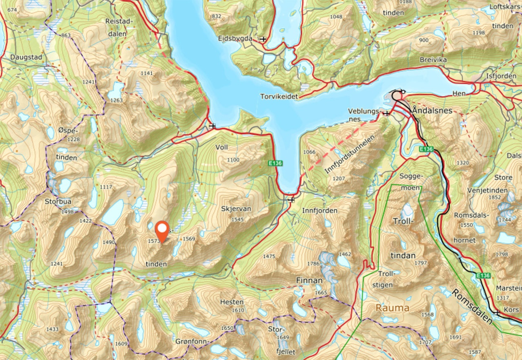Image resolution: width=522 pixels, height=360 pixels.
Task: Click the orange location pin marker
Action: pyautogui.click(x=162, y=231)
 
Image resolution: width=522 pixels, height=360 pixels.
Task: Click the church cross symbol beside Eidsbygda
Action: pyautogui.click(x=263, y=40)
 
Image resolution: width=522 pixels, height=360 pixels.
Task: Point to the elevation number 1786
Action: pyautogui.click(x=313, y=263)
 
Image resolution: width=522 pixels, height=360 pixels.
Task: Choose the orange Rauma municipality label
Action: pyautogui.click(x=392, y=308)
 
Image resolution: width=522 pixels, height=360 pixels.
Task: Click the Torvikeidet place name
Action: pyautogui.click(x=279, y=97)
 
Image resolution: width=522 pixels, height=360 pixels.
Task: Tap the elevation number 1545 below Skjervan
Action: pyautogui.click(x=237, y=219)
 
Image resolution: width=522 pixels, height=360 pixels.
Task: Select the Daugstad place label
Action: pyautogui.click(x=27, y=57)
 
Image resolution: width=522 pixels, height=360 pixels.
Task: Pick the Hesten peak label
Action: pyautogui.click(x=232, y=302)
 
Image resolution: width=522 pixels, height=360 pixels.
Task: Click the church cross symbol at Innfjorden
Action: pyautogui.click(x=291, y=200)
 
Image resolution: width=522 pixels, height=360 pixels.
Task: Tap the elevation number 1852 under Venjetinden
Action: pyautogui.click(x=494, y=198)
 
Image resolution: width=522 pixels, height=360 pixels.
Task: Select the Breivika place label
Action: pyautogui.click(x=434, y=60)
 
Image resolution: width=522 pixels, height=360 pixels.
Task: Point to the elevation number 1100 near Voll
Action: pyautogui.click(x=233, y=160)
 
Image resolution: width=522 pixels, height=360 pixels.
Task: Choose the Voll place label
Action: pyautogui.click(x=221, y=147)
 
